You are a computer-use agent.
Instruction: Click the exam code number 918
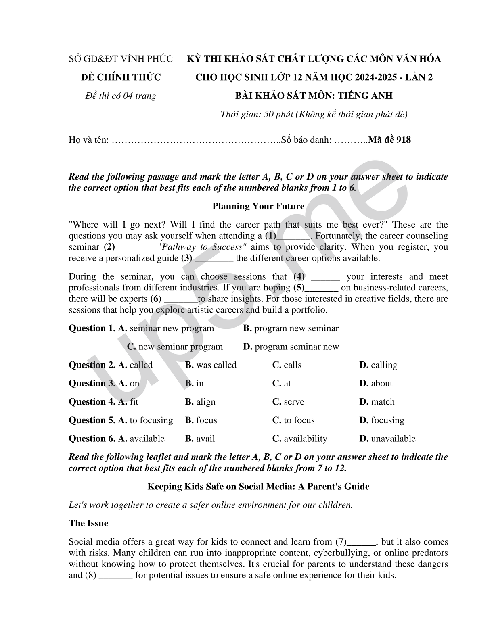404,140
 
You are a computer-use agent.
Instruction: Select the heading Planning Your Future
258,206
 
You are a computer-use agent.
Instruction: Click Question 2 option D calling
378,365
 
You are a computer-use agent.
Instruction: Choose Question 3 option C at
282,383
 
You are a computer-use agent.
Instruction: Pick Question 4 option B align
200,402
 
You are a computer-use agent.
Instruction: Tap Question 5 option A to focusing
146,420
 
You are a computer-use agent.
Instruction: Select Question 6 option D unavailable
387,439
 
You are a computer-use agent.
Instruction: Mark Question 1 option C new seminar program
175,347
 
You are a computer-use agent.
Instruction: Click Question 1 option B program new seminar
291,328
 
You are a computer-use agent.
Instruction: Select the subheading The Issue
88,523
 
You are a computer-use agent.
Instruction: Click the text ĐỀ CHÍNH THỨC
121,77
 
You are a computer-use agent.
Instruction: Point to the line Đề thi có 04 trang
121,96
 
